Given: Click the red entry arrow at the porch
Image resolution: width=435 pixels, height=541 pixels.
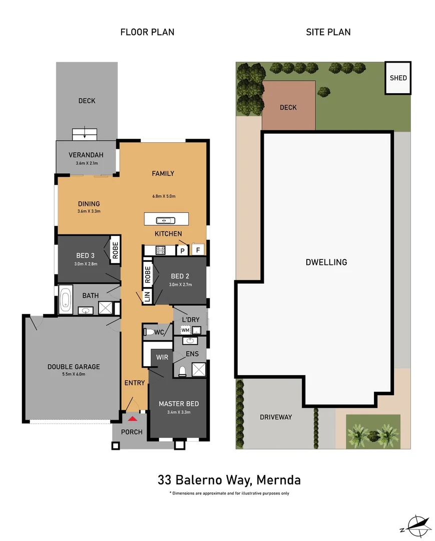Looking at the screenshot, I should coord(132,418).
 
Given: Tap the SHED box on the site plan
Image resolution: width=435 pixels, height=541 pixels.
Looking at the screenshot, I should coord(398,78).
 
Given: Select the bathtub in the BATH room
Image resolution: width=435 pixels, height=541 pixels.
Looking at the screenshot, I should coord(66,300).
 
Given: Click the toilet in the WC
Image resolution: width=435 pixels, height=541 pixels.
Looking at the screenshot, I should coord(150,332).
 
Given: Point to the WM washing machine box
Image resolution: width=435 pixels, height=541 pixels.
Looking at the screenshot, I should coord(185,330).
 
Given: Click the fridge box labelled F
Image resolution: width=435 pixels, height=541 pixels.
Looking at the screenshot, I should coord(198,250).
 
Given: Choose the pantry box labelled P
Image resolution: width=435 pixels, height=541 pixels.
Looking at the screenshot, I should coord(183,250).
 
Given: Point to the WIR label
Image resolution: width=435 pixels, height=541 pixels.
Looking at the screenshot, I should coord(162,357).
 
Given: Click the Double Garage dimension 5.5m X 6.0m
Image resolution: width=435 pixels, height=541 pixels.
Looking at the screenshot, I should coord(74,374).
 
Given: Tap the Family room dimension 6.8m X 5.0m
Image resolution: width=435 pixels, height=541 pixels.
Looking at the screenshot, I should coord(163,196).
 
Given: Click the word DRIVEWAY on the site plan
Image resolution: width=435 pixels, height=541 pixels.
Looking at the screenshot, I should coord(276,417).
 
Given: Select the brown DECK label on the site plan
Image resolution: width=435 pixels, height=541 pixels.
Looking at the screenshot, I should coord(288,107).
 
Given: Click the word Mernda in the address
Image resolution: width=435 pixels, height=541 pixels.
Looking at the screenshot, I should coord(278,480).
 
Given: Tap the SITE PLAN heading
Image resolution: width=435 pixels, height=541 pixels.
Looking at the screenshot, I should coord(328,32).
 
